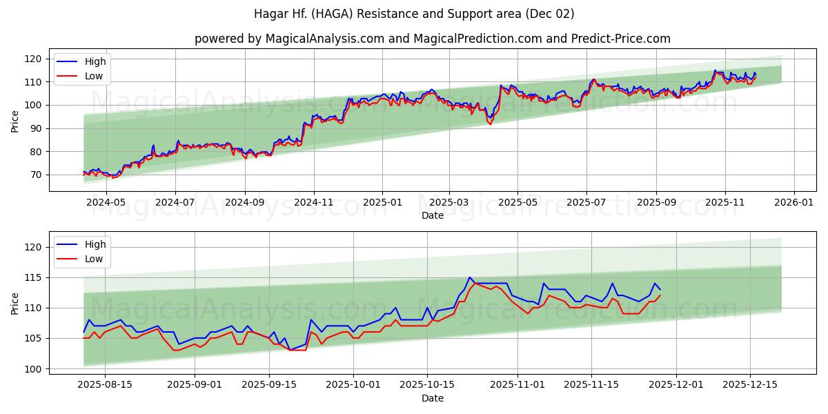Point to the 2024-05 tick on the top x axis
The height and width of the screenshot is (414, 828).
pyautogui.click(x=106, y=203)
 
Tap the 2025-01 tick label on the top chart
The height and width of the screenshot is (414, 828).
pyautogui.click(x=382, y=203)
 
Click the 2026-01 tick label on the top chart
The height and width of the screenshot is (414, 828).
pyautogui.click(x=793, y=203)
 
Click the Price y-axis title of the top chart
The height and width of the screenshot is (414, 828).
pyautogui.click(x=15, y=121)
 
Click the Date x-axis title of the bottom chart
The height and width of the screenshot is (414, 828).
pyautogui.click(x=433, y=398)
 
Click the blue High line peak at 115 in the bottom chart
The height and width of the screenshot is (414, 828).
pyautogui.click(x=470, y=277)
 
